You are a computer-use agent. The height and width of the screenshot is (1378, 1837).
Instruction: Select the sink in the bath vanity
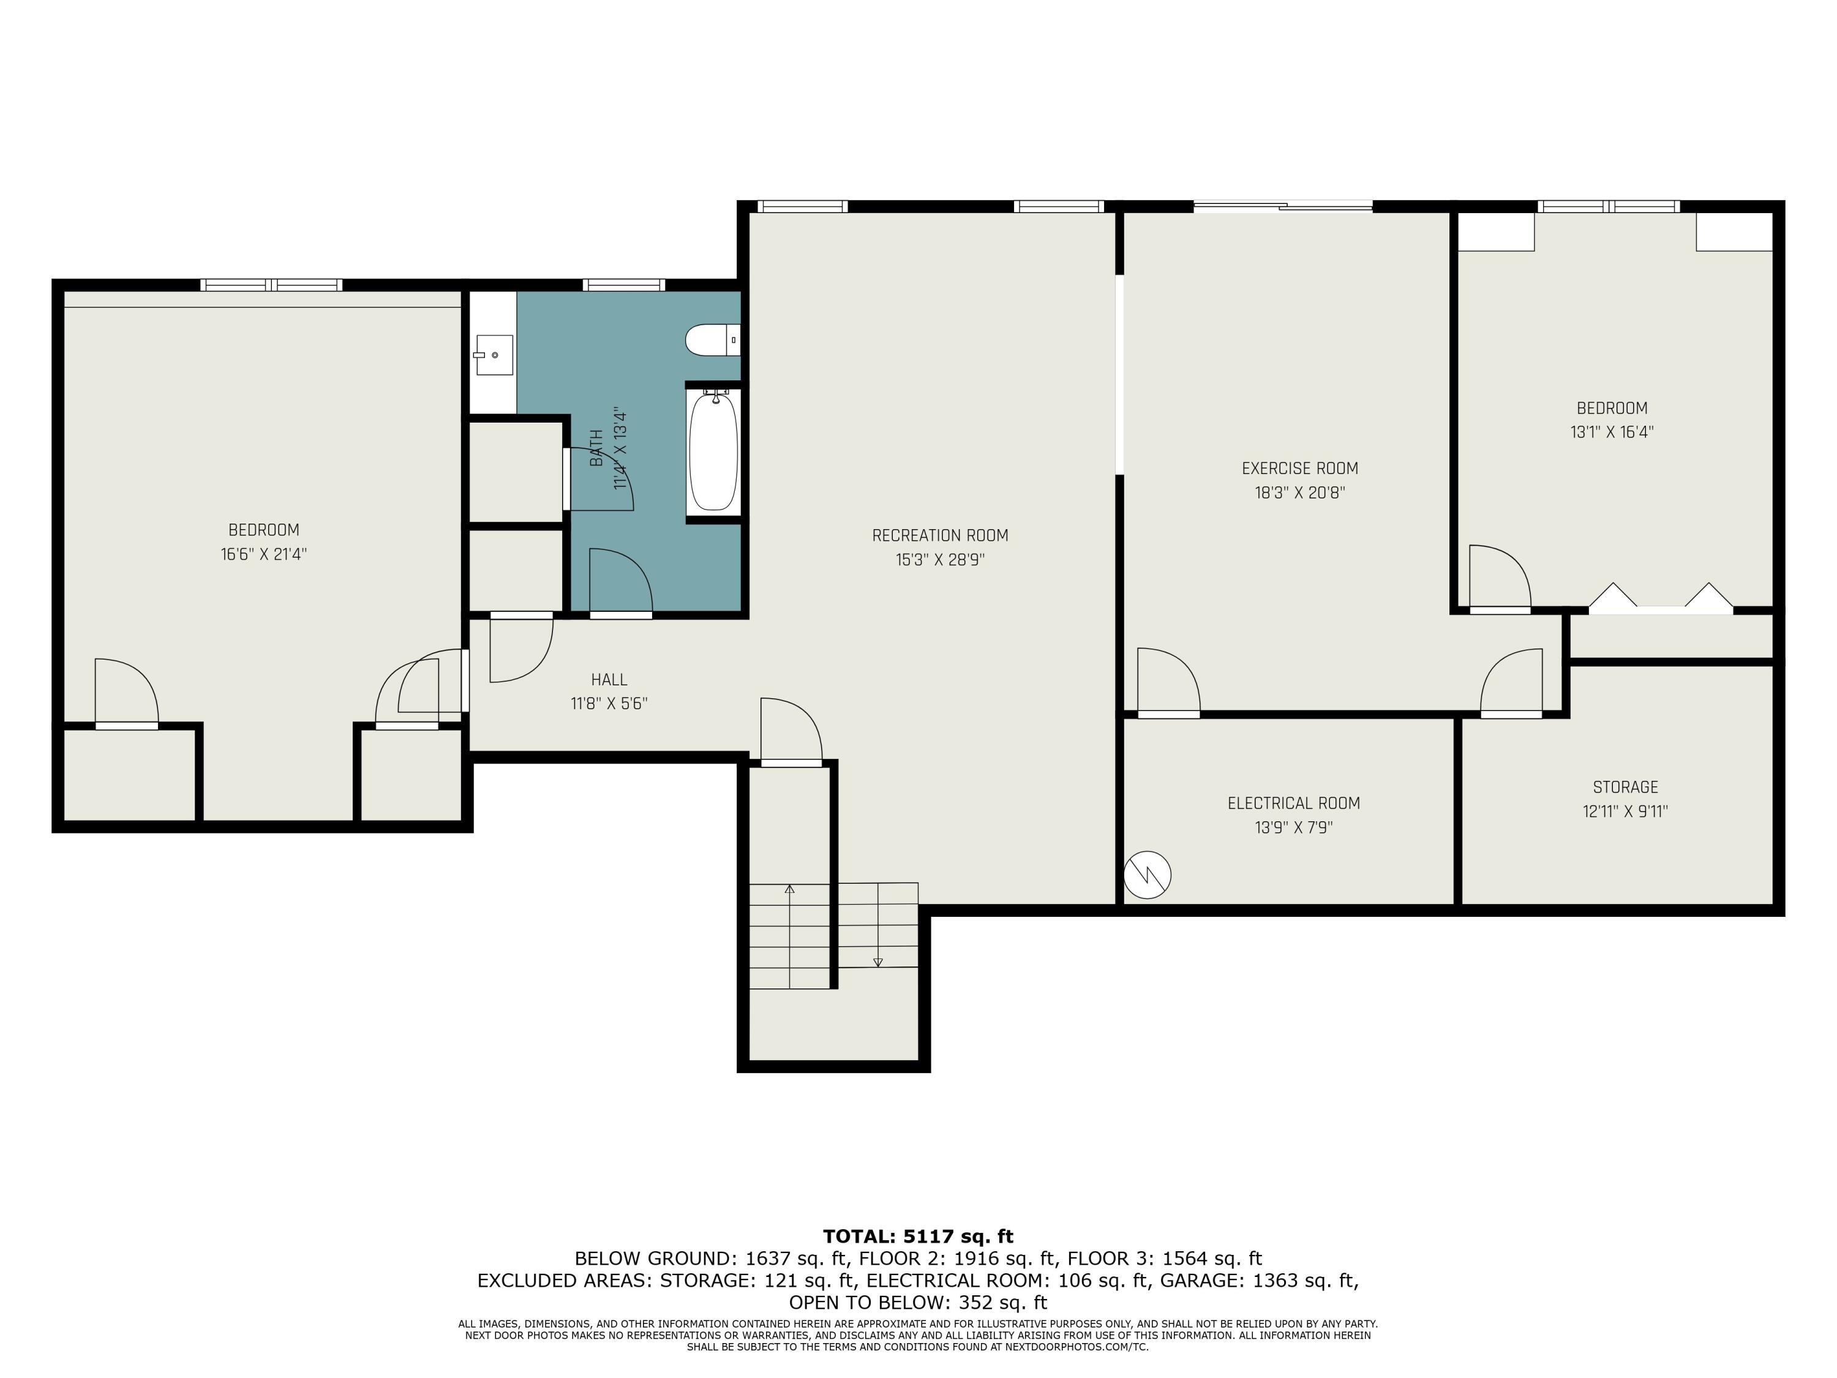pyautogui.click(x=494, y=355)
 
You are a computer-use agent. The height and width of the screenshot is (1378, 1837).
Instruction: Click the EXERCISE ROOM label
pyautogui.click(x=1300, y=469)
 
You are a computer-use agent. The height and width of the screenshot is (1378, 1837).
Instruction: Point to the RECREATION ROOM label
pyautogui.click(x=940, y=536)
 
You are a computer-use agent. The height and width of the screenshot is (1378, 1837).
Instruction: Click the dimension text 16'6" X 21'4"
pyautogui.click(x=263, y=554)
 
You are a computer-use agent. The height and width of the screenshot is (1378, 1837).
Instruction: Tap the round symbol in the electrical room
pyautogui.click(x=1147, y=875)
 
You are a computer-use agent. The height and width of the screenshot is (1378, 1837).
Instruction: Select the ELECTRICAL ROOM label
pyautogui.click(x=1293, y=803)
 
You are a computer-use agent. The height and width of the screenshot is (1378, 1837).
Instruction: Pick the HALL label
pyautogui.click(x=609, y=679)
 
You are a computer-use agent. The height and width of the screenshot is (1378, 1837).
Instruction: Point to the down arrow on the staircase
pyautogui.click(x=878, y=962)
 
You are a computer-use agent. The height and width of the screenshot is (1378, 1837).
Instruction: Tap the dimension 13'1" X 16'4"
pyautogui.click(x=1611, y=432)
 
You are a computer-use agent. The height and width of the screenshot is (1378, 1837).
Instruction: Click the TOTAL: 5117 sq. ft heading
pyautogui.click(x=918, y=1236)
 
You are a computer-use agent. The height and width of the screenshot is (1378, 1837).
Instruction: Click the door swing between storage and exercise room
pyautogui.click(x=1511, y=683)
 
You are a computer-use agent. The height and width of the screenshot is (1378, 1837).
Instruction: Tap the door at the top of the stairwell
pyautogui.click(x=791, y=731)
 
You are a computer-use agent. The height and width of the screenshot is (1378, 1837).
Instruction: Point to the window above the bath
pyautogui.click(x=624, y=285)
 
